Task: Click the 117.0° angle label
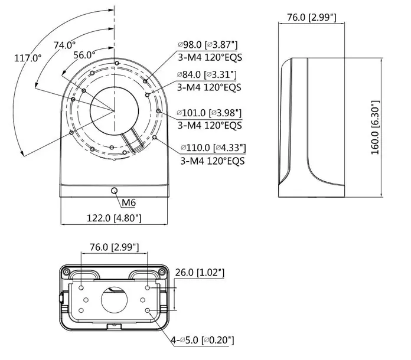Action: coord(28,58)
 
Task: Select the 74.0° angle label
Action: coord(64,45)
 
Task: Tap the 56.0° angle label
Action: coord(84,55)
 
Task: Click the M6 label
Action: coord(129,203)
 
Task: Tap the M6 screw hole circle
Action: coord(114,191)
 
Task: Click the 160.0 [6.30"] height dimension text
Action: coord(374,128)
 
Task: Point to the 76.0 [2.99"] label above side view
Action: coord(311,17)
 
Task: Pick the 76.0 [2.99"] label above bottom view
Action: coord(114,247)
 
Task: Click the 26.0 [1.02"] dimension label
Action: coord(200,272)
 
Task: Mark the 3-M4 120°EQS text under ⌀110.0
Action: coord(211,160)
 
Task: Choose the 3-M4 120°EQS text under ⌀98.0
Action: coord(210,57)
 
